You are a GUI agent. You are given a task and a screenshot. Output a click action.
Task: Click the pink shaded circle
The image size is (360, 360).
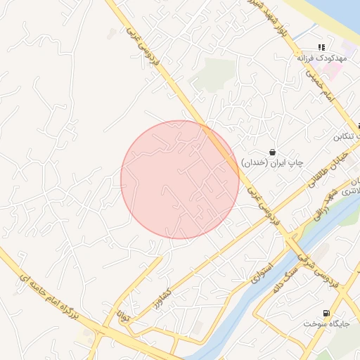click(179, 179)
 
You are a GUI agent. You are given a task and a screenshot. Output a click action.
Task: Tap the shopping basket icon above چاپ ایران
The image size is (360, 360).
click(272, 152)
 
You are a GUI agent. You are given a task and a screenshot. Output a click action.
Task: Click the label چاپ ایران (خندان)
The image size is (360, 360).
click(272, 162)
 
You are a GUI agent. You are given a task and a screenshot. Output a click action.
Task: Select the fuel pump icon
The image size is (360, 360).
click(325, 313)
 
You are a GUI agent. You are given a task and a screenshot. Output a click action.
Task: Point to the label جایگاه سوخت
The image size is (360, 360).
click(326, 323)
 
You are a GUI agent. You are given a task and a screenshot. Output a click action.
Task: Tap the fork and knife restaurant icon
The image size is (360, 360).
click(321, 47)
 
